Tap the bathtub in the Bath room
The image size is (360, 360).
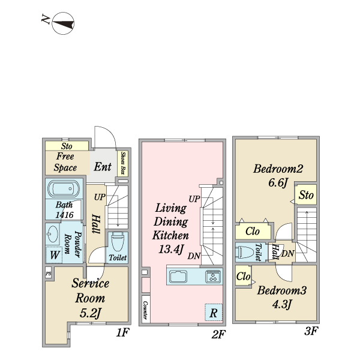click(x=64, y=189)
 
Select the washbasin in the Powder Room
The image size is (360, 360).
click(x=52, y=234)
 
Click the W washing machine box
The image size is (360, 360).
click(x=55, y=255)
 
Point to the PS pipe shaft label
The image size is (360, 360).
click(x=48, y=274)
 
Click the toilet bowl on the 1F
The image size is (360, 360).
click(x=118, y=242)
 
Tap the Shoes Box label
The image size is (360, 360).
click(x=123, y=163)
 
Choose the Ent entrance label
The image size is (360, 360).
click(x=103, y=167)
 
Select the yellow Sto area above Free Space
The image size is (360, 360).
click(x=67, y=146)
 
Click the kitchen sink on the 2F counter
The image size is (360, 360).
click(x=178, y=276)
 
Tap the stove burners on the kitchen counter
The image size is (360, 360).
click(x=213, y=276)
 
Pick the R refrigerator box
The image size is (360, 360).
click(x=214, y=312)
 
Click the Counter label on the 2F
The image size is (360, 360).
click(x=145, y=310)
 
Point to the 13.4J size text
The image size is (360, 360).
click(x=171, y=250)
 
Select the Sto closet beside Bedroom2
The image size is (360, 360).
click(x=306, y=194)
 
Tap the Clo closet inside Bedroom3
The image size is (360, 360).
click(x=244, y=275)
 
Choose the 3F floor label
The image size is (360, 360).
click(x=311, y=331)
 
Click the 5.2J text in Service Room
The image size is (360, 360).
click(x=91, y=313)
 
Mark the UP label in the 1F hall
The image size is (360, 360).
click(x=100, y=197)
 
